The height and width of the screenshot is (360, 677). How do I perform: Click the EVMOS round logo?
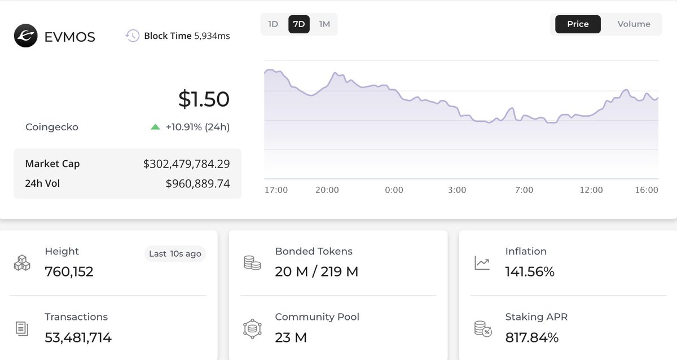pos(25,36)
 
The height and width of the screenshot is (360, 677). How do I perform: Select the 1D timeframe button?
pos(273,24)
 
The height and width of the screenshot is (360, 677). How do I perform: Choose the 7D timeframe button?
pos(299,24)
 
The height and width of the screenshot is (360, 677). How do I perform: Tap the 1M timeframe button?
pos(324,24)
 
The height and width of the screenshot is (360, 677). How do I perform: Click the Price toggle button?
pos(578,24)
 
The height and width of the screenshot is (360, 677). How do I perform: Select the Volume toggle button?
pos(634,24)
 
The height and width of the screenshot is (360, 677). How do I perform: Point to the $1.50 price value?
pos(204,99)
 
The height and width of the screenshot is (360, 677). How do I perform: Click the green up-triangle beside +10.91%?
pos(156,128)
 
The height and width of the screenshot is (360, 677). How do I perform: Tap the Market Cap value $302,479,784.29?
pos(186,164)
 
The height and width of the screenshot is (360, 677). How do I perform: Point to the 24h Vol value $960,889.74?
pos(197,183)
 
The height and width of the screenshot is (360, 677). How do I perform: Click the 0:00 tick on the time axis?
pos(394,190)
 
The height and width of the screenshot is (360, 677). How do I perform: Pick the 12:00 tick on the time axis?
pos(591,190)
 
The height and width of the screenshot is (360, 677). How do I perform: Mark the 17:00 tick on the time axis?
pos(276,190)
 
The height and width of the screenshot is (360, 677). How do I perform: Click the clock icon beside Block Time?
pos(132,36)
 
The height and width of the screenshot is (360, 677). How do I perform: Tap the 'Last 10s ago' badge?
pos(175,254)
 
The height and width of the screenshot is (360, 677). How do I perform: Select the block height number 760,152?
pos(69,272)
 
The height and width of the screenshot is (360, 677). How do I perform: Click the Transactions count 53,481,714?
pos(78,338)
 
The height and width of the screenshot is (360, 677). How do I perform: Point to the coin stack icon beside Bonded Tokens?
pos(252,262)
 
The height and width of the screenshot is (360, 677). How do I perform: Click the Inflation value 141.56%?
pos(530,272)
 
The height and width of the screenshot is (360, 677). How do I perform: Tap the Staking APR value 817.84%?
pos(531,338)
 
